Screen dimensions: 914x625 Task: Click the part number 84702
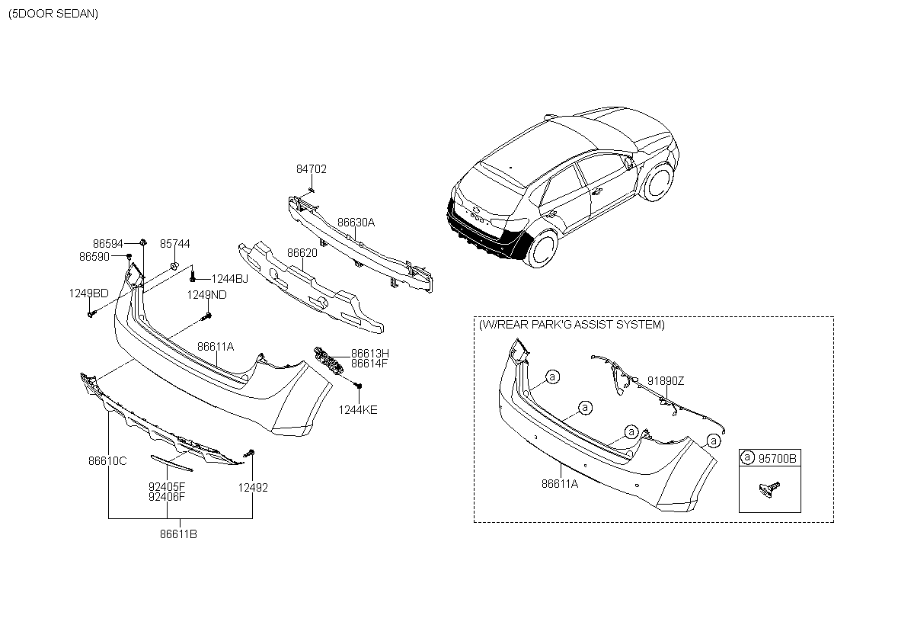pyautogui.click(x=312, y=169)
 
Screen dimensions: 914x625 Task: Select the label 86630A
pyautogui.click(x=356, y=223)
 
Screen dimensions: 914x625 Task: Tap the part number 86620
pyautogui.click(x=302, y=253)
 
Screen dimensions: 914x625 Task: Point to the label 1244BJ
pyautogui.click(x=230, y=279)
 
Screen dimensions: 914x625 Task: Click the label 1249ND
pyautogui.click(x=206, y=295)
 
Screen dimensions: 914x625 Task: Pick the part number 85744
pyautogui.click(x=175, y=244)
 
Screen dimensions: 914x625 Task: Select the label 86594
pyautogui.click(x=107, y=244)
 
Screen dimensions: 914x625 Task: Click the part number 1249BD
pyautogui.click(x=88, y=293)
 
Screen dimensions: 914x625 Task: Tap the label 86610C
pyautogui.click(x=107, y=461)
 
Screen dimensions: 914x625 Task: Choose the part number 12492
pyautogui.click(x=253, y=488)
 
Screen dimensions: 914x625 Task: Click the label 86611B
pyautogui.click(x=178, y=534)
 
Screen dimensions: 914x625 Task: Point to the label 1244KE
pyautogui.click(x=358, y=410)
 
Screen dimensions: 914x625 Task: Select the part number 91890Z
pyautogui.click(x=666, y=381)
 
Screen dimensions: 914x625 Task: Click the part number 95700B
pyautogui.click(x=777, y=458)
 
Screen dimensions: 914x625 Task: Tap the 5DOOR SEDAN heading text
pyautogui.click(x=53, y=14)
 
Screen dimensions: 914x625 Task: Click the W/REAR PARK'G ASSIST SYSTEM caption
pyautogui.click(x=572, y=325)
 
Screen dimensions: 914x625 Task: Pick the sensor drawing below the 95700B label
pyautogui.click(x=769, y=489)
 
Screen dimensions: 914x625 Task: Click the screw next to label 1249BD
pyautogui.click(x=91, y=314)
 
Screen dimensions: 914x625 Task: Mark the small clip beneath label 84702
pyautogui.click(x=312, y=191)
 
